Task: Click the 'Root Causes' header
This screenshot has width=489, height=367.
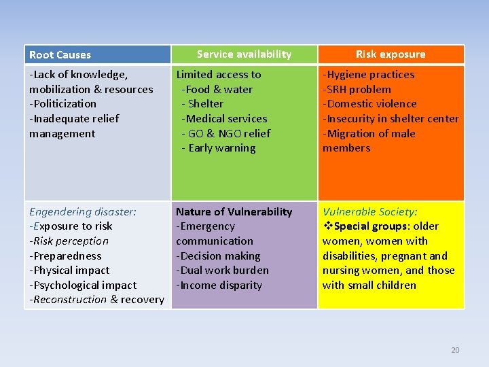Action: pos(60,55)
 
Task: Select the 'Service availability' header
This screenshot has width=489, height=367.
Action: pos(244,54)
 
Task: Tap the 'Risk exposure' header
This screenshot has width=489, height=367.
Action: pos(391,54)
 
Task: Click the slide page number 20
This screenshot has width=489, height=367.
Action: pos(455,350)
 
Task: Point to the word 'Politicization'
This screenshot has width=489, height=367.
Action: pos(63,104)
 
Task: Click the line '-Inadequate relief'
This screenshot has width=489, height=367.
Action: pos(74,119)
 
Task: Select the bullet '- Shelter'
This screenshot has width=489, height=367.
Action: pos(202,104)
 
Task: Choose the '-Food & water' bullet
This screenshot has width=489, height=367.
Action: pos(217,90)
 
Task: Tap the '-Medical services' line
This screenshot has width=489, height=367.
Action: pos(224,119)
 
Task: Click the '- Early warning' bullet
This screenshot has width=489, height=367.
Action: pos(219,148)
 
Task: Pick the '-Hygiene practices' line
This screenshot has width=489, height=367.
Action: pos(368,75)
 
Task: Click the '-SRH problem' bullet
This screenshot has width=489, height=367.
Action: pos(357,90)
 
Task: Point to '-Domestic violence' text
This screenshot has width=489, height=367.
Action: pos(369,104)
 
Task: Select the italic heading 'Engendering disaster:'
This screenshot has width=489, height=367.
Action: pos(83,212)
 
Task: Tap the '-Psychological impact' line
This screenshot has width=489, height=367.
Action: pos(83,285)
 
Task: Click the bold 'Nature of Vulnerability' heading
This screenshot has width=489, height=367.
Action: pos(234,212)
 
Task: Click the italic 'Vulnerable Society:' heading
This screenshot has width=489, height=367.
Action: pos(370,212)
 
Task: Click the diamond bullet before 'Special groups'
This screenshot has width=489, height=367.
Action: pos(327,226)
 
